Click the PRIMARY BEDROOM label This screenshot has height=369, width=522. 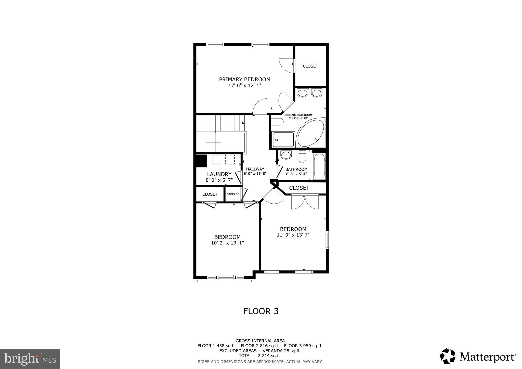[x=244, y=79]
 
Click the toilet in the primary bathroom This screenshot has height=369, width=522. [x=278, y=122]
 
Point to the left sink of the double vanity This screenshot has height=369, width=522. [x=302, y=93]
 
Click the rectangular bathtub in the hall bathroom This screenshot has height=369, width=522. [x=319, y=166]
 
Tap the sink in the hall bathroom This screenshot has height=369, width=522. [x=286, y=155]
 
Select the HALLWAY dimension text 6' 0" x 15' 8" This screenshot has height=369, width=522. [x=255, y=174]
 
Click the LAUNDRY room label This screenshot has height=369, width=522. [x=219, y=174]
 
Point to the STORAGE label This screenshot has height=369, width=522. [x=233, y=194]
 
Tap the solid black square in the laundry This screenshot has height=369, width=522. [x=201, y=161]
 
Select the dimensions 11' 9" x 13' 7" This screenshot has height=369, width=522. [x=293, y=235]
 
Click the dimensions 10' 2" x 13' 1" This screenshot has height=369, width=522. [x=227, y=243]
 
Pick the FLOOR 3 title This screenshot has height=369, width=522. [x=261, y=311]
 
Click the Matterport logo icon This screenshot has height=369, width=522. [x=447, y=356]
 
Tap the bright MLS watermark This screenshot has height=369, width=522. [x=30, y=359]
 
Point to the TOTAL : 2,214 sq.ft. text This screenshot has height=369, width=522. [x=260, y=355]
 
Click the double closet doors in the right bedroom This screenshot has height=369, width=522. [x=305, y=202]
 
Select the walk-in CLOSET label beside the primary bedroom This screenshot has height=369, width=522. [x=310, y=66]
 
